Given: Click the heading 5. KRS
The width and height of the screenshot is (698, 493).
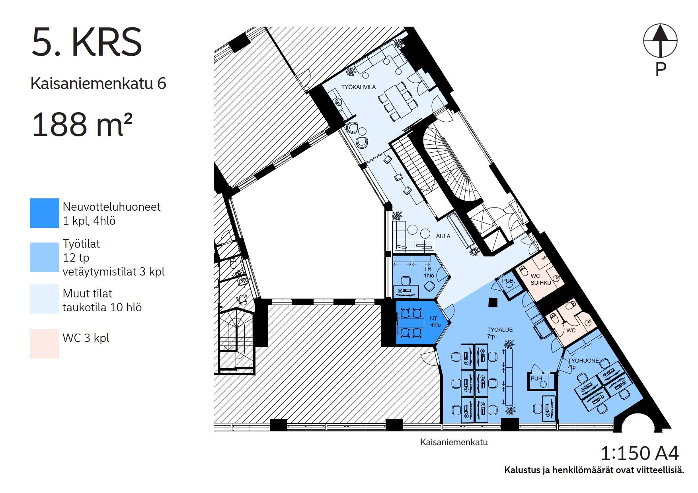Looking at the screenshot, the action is [86, 42].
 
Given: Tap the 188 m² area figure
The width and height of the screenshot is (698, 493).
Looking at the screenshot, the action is [82, 124].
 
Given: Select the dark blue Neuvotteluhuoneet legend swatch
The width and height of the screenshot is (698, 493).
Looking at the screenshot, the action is [45, 213].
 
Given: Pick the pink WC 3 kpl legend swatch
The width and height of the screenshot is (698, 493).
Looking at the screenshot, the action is [45, 344].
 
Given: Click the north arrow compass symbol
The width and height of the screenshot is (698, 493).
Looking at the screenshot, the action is [660, 40].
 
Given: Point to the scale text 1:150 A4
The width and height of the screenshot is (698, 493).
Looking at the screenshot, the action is [640, 453].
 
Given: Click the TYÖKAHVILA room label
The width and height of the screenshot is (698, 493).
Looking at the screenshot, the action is [359, 87].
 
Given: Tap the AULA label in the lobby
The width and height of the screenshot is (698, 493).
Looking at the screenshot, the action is [443, 236].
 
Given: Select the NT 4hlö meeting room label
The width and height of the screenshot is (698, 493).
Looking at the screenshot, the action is [435, 322].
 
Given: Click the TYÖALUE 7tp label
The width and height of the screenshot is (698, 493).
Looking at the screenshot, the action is [500, 333].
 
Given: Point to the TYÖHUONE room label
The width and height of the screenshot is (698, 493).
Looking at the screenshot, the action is [583, 361].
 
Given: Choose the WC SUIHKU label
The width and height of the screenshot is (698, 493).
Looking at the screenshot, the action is [540, 279].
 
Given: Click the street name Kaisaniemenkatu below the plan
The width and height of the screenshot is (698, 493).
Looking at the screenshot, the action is [454, 442].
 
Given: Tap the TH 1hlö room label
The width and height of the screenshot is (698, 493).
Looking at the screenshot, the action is [428, 272].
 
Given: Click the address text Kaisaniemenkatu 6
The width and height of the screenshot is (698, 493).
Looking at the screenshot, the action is [98, 83].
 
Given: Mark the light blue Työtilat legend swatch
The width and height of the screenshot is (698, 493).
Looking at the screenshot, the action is [45, 257].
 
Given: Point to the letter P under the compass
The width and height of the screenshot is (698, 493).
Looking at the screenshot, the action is [661, 69].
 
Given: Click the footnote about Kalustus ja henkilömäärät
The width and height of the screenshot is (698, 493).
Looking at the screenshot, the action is [594, 470].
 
